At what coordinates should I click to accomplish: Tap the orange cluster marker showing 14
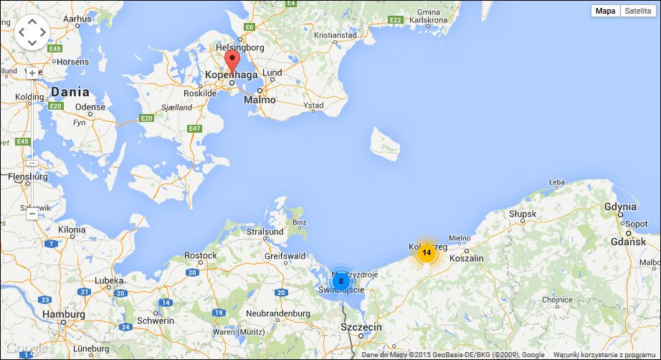427,252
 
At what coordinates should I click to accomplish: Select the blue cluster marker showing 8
341,280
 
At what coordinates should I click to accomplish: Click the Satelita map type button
638,11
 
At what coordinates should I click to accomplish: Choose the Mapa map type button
606,11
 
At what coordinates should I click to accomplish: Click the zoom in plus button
32,73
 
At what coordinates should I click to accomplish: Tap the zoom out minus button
32,214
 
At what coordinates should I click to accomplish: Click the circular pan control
32,32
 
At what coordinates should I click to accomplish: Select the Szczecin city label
361,327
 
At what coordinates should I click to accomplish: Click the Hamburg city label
63,314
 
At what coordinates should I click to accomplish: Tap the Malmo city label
260,100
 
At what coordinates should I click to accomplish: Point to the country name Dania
70,92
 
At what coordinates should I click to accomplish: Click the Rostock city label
201,255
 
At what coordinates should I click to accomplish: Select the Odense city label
90,108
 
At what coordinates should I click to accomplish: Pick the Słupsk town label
522,214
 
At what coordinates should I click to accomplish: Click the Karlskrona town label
428,20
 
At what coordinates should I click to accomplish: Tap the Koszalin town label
467,258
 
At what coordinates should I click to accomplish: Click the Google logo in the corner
24,349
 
